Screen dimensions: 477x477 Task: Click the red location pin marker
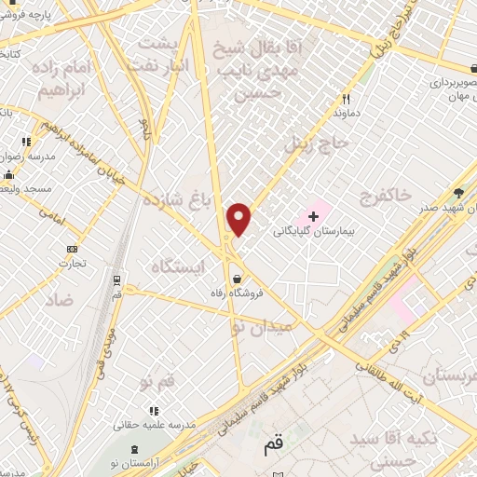point(239,219)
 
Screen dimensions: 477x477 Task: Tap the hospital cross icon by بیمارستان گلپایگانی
point(313,217)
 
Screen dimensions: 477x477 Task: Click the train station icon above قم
point(116,279)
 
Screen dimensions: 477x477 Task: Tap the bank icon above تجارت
point(72,249)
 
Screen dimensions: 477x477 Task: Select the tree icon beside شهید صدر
point(458,192)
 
